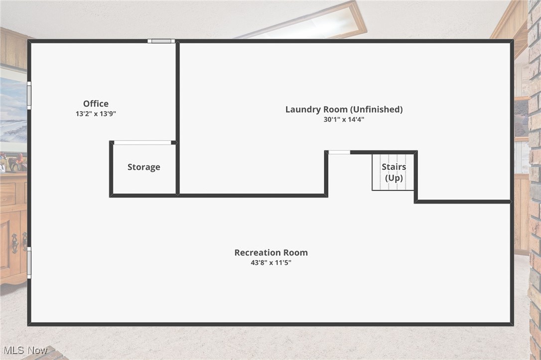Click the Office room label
(96, 104)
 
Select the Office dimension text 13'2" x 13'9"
(96, 114)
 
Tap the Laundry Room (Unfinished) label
(344, 109)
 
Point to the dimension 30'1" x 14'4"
(344, 120)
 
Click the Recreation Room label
(271, 252)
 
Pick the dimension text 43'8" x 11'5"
(271, 262)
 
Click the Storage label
(143, 167)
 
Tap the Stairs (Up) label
(394, 172)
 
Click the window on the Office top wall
(161, 41)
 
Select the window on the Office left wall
(29, 95)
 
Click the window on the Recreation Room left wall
(29, 262)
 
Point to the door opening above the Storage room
(142, 142)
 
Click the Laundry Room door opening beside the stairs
(339, 152)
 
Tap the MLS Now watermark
(24, 350)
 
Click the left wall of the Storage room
(111, 169)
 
